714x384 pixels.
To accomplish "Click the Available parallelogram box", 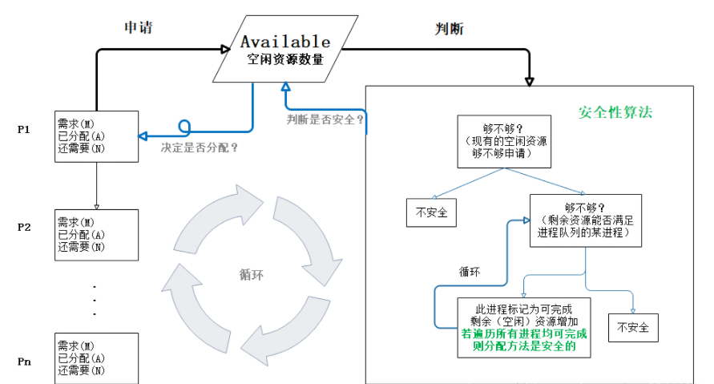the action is (x=285, y=49).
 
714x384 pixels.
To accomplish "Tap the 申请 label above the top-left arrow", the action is (x=139, y=28).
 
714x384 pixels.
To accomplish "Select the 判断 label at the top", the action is (x=449, y=29).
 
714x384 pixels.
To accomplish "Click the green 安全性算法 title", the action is (x=615, y=112).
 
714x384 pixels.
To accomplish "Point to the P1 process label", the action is (x=24, y=129).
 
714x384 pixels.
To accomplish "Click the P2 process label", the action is (x=24, y=228).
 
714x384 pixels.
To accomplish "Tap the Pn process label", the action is (x=24, y=362).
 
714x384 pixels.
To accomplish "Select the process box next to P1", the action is (x=96, y=136).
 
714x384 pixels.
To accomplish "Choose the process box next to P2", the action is (x=96, y=235).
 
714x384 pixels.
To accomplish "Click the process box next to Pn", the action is (x=96, y=358).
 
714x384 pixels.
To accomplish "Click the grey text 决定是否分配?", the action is (x=200, y=148).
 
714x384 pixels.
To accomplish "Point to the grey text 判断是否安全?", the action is (x=325, y=119).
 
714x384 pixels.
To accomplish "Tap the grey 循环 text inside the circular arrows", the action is (x=252, y=275).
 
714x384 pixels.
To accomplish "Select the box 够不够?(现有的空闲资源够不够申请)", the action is (x=504, y=142).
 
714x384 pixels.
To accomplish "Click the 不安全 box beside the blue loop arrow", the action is (x=431, y=212).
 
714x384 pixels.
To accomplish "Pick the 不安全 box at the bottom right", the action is (x=633, y=328).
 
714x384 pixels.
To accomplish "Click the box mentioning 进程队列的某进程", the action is (x=586, y=221).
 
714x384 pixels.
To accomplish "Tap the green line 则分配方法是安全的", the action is (x=524, y=346).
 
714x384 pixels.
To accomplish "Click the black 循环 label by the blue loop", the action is (x=470, y=272).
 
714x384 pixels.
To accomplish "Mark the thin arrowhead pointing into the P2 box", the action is (x=96, y=207).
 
